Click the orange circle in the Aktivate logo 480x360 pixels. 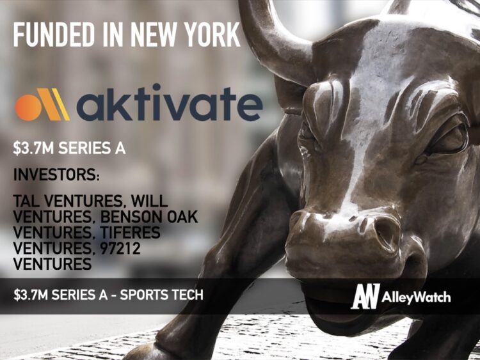(x=28, y=107)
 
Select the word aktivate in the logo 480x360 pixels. (x=169, y=106)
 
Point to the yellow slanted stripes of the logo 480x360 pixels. (x=56, y=104)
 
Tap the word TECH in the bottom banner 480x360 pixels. (x=187, y=295)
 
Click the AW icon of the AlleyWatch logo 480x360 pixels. (x=365, y=296)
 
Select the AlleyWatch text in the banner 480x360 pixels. (x=417, y=297)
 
